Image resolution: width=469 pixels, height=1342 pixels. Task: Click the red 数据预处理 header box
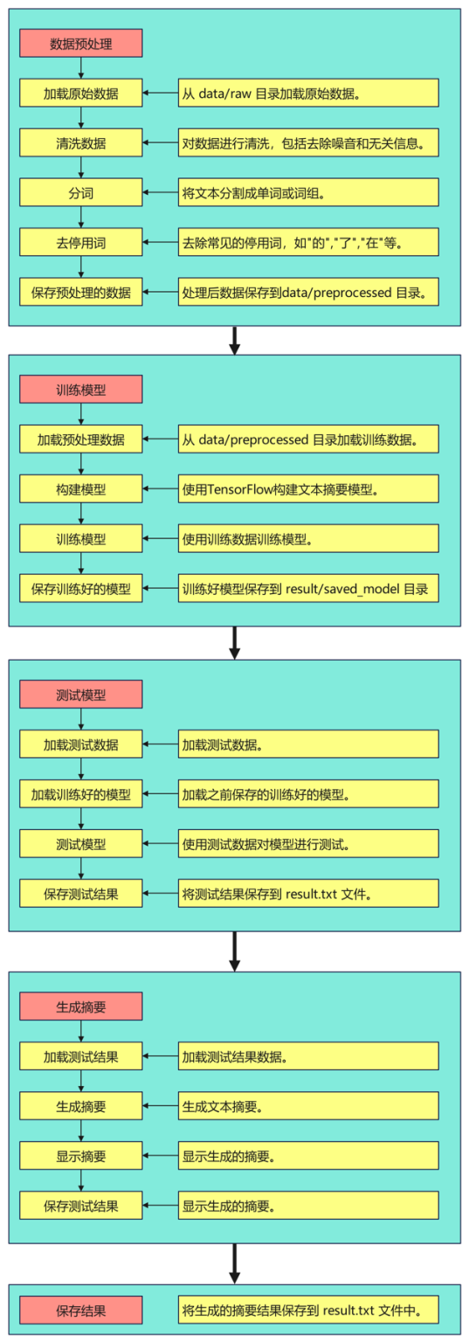80,42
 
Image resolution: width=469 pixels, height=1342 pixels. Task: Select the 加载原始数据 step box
80,93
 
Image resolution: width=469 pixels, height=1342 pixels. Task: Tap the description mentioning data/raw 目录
308,93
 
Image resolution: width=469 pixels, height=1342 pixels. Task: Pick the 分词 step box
80,192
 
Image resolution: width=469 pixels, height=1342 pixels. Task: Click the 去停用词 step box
80,242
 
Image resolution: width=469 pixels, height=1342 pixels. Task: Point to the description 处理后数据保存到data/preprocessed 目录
308,292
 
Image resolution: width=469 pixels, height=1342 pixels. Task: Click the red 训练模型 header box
80,390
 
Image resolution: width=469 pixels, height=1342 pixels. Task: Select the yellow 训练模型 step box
80,539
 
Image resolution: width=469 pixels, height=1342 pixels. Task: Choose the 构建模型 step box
80,489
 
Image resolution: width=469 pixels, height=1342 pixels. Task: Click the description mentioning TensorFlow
308,489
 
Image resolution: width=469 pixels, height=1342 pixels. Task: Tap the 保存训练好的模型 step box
80,589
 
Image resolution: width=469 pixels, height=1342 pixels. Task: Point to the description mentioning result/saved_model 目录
308,589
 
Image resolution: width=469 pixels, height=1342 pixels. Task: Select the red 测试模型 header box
80,695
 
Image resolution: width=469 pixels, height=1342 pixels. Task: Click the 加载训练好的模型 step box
80,794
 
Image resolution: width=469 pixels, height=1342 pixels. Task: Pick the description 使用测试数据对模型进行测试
308,844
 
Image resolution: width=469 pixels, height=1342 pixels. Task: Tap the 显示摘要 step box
80,1156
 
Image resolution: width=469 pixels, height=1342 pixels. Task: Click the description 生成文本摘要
308,1106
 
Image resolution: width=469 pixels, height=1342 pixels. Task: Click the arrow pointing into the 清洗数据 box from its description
160,142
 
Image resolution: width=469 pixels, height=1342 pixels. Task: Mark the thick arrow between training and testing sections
234,642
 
